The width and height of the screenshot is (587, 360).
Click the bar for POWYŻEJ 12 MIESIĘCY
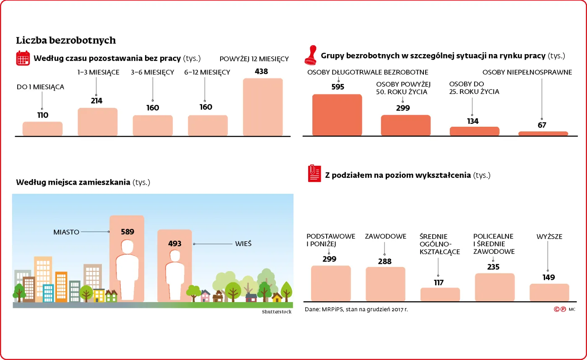point(262,107)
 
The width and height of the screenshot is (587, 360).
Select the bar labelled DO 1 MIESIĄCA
point(42,129)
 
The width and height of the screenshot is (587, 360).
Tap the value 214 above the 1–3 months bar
point(96,101)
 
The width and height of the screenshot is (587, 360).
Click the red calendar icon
point(23,58)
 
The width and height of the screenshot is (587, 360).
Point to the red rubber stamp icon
point(311,55)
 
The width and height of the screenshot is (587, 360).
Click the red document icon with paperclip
point(314,173)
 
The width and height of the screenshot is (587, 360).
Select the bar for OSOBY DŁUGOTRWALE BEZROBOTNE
point(337,115)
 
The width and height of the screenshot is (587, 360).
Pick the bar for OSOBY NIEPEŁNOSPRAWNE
point(543,133)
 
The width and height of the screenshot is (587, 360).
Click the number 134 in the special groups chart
point(473,121)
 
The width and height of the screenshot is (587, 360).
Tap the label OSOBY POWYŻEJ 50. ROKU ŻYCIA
point(403,88)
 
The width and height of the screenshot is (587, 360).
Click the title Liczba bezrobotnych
point(66,40)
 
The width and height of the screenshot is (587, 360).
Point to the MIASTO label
point(66,232)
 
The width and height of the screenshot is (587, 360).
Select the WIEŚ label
point(243,244)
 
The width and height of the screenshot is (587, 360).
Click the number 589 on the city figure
point(127,232)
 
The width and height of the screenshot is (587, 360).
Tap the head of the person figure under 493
point(175,256)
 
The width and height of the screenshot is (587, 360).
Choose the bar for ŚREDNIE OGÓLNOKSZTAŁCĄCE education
point(440,294)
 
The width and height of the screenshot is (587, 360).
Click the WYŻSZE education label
point(549,237)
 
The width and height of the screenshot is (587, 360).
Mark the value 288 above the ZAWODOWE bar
point(384,261)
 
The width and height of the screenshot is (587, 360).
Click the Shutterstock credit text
point(276,312)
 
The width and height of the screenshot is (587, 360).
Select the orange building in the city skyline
point(61,287)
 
